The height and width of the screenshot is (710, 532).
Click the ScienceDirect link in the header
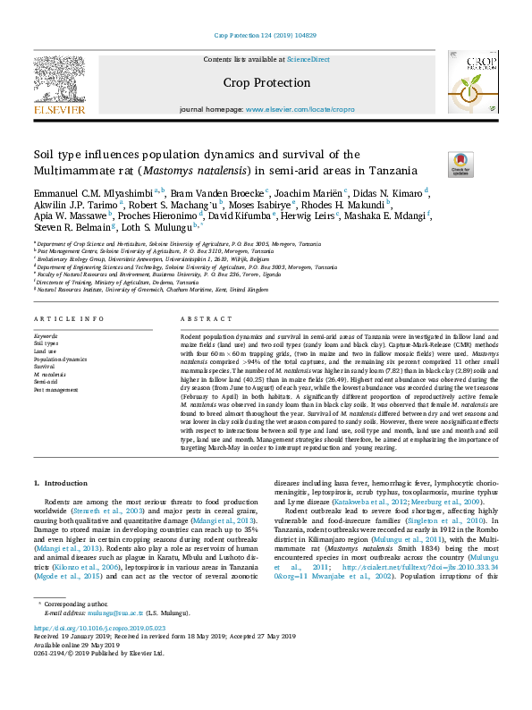(308, 60)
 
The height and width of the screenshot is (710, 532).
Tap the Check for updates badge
(460, 165)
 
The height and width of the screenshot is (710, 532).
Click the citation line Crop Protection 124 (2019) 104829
(266, 37)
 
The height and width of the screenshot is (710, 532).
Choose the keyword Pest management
(55, 388)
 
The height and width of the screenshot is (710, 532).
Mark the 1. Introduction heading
(61, 484)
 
